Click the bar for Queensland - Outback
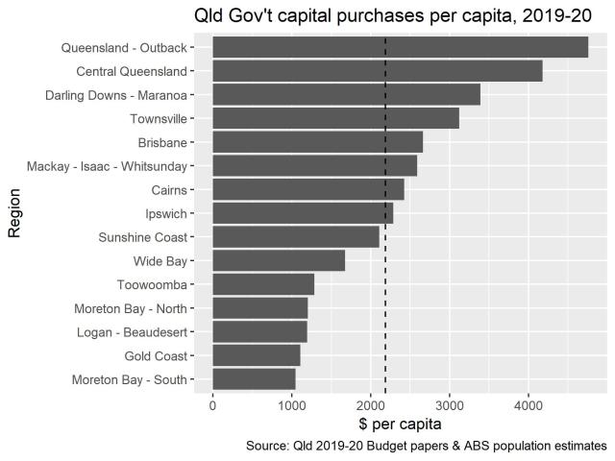pos(400,47)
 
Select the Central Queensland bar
pos(377,71)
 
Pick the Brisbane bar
pos(317,142)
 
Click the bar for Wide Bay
pos(279,260)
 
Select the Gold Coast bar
pos(256,355)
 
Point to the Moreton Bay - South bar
pos(254,379)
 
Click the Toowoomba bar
pos(263,284)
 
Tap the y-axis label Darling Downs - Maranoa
pos(115,95)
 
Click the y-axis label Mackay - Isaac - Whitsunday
pos(107,166)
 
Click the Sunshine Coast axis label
pos(142,237)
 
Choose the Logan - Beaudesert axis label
pos(131,331)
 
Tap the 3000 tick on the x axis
pos(449,405)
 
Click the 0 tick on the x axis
pos(212,405)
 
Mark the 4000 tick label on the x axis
pos(528,405)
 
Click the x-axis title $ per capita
pos(401,424)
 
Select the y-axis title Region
pos(14,213)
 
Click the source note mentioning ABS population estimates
pos(426,446)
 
